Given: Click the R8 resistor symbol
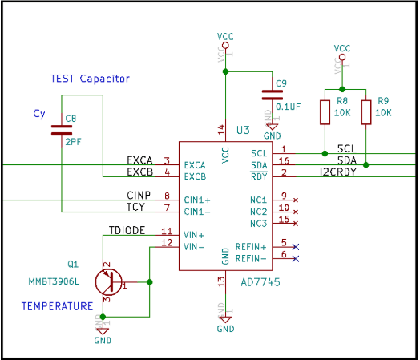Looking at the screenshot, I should [325, 112].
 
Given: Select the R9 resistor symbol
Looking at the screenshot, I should [366, 112].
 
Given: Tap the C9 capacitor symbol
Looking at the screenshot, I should [272, 95].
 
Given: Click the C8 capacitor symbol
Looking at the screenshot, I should [62, 129].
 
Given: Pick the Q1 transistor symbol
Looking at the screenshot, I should [107, 281].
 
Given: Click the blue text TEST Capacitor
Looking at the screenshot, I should [90, 79].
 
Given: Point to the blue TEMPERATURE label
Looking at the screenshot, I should [57, 306].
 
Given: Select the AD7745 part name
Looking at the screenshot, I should [260, 282].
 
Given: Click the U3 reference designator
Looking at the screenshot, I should [243, 130].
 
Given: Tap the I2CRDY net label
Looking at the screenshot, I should [338, 172].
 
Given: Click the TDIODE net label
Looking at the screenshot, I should [127, 230].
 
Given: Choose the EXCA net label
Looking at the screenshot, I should [139, 160].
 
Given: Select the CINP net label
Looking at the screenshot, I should [139, 195].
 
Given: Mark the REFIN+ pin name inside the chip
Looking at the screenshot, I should [251, 247].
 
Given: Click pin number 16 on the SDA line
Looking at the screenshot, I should [284, 161].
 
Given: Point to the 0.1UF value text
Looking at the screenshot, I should [288, 106].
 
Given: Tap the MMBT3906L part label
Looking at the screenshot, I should [54, 282].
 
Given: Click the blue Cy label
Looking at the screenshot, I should [39, 114].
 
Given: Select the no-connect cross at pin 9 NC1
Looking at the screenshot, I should [297, 200].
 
